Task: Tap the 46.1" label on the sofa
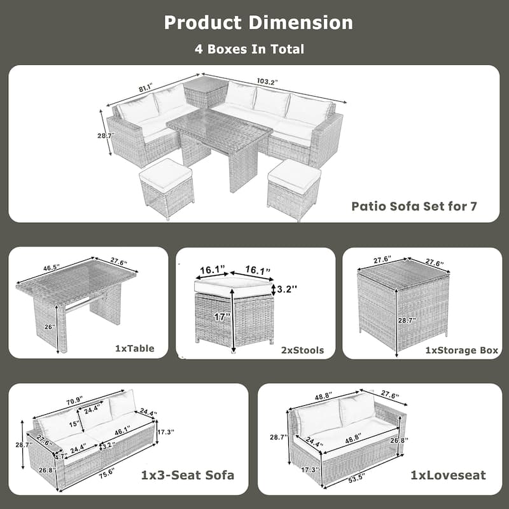coord(123,431)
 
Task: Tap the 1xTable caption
coord(136,349)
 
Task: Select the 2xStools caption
coord(304,349)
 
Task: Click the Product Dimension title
coord(258,23)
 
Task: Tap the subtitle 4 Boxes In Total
coord(249,49)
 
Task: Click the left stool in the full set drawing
coord(167,188)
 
